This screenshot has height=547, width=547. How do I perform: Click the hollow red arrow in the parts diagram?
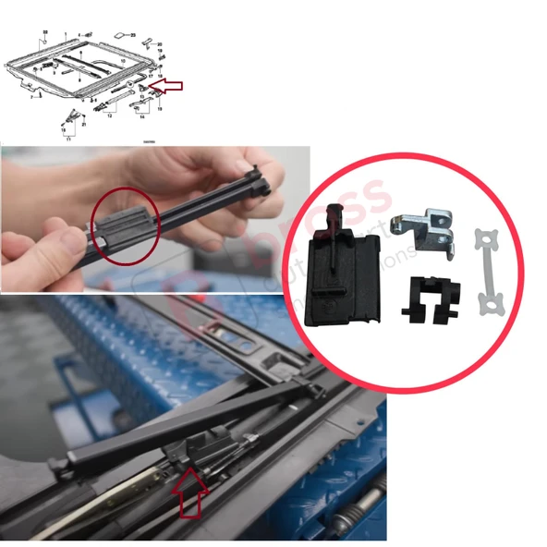[167, 85]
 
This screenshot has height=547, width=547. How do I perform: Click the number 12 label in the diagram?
[109, 116]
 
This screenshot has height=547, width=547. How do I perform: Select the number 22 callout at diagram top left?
[43, 32]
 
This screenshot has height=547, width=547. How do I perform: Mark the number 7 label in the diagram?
[30, 96]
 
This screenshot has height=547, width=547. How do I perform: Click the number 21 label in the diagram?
[84, 124]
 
